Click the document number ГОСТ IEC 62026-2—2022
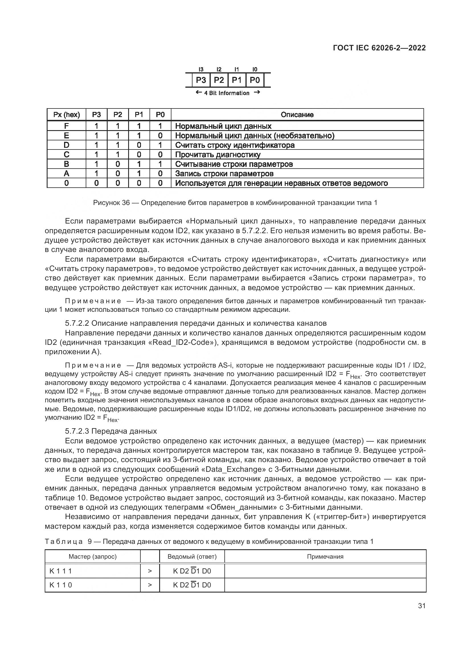pos(379,48)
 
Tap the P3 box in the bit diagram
pos(201,80)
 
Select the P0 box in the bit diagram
pos(255,80)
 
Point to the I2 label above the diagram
pos(219,69)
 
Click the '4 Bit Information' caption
pos(227,93)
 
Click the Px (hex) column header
pos(66,115)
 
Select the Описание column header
pos(297,115)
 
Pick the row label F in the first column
pos(66,126)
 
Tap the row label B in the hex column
pos(66,164)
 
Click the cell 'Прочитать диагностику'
pos(218,155)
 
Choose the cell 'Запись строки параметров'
pos(224,174)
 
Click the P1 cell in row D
pos(139,145)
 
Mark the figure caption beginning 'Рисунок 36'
pos(235,203)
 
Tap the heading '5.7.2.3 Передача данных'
pos(111,431)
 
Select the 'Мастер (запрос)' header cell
pos(93,557)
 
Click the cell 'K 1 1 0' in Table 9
pos(61,585)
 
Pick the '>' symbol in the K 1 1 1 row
pos(150,571)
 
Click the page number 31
pos(422,606)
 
